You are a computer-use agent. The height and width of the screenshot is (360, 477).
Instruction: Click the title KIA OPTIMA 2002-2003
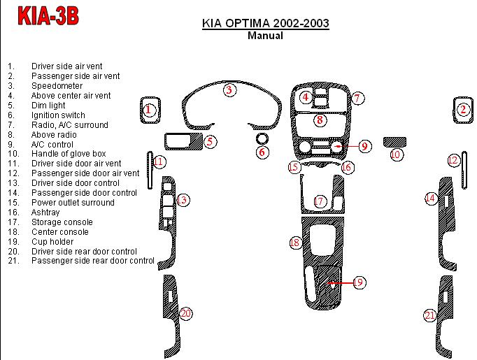pyautogui.click(x=265, y=24)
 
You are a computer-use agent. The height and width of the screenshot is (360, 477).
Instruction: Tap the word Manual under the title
pyautogui.click(x=265, y=36)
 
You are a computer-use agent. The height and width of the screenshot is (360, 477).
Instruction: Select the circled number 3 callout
pyautogui.click(x=229, y=89)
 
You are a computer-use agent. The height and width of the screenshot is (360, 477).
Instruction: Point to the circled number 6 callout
pyautogui.click(x=262, y=152)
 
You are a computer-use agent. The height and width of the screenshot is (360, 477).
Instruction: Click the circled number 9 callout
pyautogui.click(x=364, y=146)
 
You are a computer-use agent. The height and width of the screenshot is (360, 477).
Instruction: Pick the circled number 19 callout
pyautogui.click(x=358, y=282)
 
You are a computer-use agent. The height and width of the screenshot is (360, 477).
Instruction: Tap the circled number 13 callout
pyautogui.click(x=183, y=201)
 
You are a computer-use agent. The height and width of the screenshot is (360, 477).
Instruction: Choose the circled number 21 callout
pyautogui.click(x=429, y=315)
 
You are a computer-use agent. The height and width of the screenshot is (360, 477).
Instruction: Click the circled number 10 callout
pyautogui.click(x=396, y=154)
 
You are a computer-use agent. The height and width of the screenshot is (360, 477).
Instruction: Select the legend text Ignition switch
pyautogui.click(x=58, y=115)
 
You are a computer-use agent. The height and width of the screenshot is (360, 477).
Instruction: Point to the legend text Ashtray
pyautogui.click(x=45, y=213)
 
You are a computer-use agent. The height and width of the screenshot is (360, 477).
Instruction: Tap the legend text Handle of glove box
pyautogui.click(x=69, y=154)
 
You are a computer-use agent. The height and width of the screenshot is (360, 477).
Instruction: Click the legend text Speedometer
pyautogui.click(x=56, y=86)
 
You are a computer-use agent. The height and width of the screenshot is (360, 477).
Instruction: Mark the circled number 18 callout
pyautogui.click(x=296, y=243)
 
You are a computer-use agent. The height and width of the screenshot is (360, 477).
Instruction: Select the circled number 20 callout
pyautogui.click(x=185, y=313)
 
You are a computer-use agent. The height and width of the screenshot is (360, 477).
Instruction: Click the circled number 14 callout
pyautogui.click(x=431, y=199)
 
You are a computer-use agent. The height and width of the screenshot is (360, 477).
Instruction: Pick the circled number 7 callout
pyautogui.click(x=356, y=99)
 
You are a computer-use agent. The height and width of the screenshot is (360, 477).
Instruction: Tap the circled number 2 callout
pyautogui.click(x=463, y=109)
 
